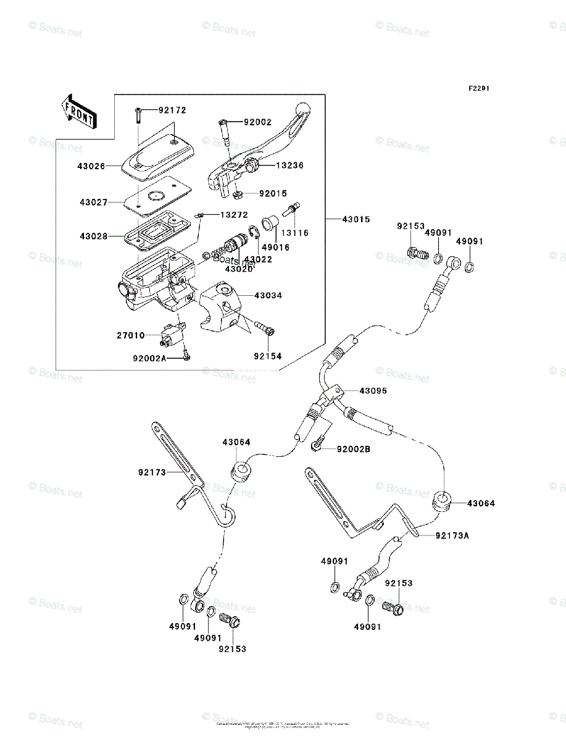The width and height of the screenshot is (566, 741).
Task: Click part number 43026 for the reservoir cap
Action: point(91,165)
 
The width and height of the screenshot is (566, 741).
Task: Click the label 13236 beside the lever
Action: point(290,165)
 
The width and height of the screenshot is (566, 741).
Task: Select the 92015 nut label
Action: point(273,193)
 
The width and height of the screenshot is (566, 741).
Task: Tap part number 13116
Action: point(295,233)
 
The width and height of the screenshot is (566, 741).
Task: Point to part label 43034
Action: point(268,296)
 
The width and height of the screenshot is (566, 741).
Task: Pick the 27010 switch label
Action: point(130,335)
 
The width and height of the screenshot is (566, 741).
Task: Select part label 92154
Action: point(268,356)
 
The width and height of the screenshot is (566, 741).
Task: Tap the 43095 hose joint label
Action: point(373,391)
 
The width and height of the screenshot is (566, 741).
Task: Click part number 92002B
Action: point(353,449)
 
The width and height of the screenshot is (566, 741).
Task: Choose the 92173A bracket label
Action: point(452,535)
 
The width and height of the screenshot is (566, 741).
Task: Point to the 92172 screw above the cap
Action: point(137,114)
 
